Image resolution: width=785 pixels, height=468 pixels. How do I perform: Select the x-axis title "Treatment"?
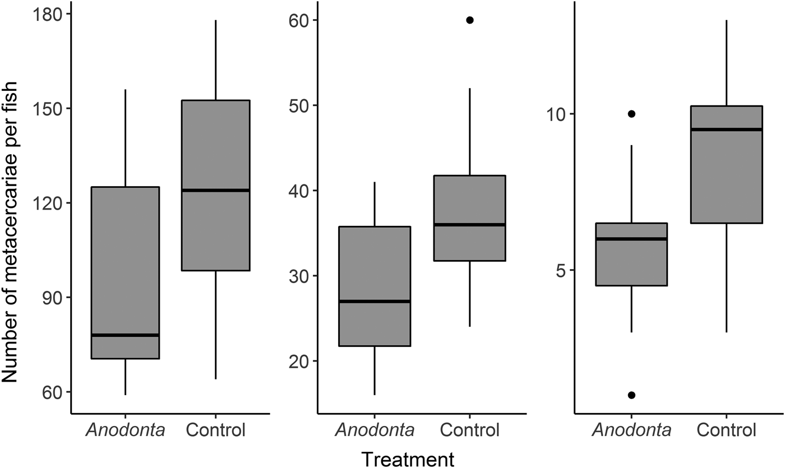[407, 458]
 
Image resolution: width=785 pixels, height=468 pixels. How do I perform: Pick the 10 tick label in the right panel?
[555, 114]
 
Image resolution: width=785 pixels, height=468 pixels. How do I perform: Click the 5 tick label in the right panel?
[560, 270]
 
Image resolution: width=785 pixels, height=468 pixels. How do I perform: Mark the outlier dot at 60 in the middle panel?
[470, 20]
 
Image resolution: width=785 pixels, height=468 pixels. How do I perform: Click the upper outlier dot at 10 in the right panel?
[631, 114]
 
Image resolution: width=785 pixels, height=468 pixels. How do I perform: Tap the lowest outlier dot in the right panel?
[631, 395]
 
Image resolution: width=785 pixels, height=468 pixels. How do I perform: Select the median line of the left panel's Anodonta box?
[126, 335]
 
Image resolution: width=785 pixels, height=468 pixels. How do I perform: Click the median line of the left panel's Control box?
[216, 190]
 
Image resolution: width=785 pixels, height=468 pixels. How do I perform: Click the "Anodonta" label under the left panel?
[126, 430]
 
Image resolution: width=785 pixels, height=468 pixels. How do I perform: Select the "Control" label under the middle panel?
[470, 430]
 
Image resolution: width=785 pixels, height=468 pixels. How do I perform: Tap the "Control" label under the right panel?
[727, 430]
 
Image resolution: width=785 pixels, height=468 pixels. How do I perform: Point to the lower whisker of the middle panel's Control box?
[470, 294]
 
